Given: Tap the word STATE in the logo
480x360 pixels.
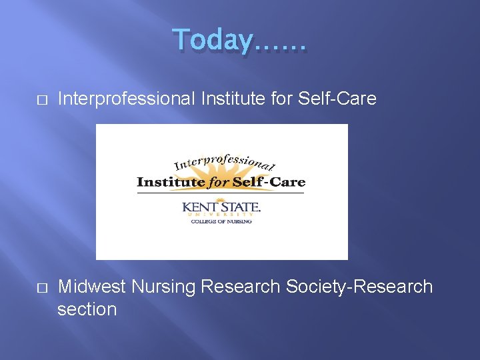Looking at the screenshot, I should (239, 207).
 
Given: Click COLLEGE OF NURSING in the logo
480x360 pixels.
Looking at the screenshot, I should (222, 222).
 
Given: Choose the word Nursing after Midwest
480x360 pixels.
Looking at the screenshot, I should (163, 287).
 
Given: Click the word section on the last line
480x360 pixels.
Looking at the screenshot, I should (87, 309).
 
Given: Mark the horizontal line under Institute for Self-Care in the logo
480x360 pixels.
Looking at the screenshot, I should (220, 193).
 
